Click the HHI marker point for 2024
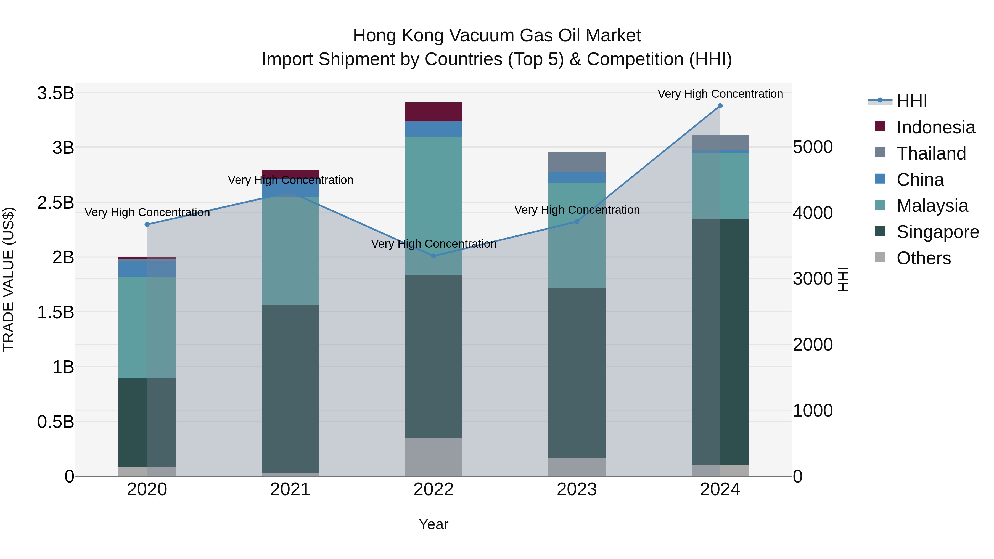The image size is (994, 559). (720, 106)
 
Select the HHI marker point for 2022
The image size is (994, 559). (433, 256)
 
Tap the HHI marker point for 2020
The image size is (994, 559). (147, 224)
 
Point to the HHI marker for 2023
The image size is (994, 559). (577, 221)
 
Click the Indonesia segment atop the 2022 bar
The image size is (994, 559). (433, 112)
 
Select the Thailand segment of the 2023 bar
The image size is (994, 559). (577, 162)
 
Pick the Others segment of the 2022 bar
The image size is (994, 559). (433, 457)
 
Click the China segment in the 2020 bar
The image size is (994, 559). (147, 269)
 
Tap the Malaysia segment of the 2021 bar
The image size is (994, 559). (290, 251)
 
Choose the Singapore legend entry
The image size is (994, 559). (937, 232)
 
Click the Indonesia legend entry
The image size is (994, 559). (935, 127)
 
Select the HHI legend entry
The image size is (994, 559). (911, 101)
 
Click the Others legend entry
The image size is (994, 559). (923, 258)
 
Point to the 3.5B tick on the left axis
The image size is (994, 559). (55, 93)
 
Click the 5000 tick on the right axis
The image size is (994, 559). (813, 147)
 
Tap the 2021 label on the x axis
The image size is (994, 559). (290, 489)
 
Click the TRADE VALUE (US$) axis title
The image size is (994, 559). (9, 279)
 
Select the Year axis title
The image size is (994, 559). (433, 524)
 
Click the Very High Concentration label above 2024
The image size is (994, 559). (720, 94)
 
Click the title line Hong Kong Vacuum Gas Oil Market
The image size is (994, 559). (497, 36)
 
